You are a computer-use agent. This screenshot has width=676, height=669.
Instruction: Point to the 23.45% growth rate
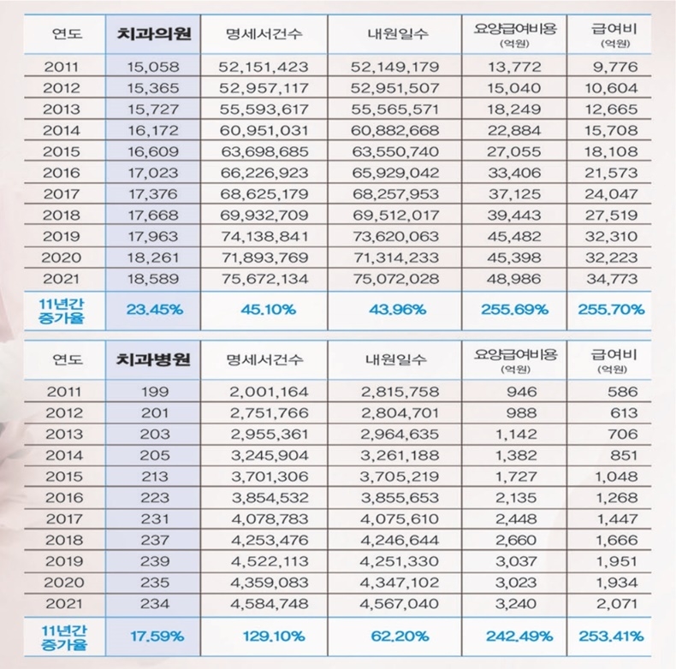[154, 311]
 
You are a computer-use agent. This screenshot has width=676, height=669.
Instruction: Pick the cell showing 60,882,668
[395, 130]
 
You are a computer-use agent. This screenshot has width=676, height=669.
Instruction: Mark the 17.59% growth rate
[154, 636]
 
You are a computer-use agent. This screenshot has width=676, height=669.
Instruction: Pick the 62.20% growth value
[395, 636]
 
